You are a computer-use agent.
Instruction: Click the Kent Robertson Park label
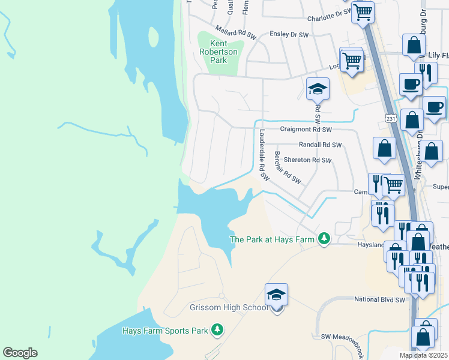[218, 52]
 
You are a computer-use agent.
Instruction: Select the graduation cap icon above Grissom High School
[276, 295]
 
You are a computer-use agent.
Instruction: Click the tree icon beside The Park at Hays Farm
[324, 239]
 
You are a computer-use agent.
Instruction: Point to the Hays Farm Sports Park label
[164, 331]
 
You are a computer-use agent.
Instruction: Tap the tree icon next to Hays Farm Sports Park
[217, 330]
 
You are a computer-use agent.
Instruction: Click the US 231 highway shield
[391, 119]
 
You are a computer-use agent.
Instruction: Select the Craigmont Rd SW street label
[306, 129]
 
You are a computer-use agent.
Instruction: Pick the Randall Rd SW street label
[320, 145]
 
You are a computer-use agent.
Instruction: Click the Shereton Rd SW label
[307, 160]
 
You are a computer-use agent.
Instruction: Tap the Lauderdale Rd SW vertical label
[262, 154]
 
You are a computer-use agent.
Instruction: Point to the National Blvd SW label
[380, 299]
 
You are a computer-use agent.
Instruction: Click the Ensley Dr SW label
[289, 35]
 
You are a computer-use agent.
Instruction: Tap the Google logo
[20, 353]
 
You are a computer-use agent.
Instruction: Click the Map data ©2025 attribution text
[424, 355]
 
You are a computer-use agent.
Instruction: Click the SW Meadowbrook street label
[342, 337]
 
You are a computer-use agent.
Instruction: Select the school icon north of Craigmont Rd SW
[318, 89]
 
